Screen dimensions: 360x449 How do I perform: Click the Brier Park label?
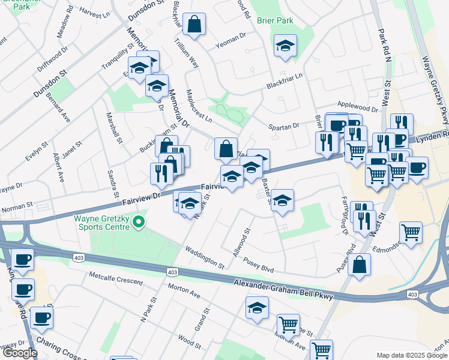coord(275,20)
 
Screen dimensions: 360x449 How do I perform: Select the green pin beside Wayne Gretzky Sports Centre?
coord(139,223)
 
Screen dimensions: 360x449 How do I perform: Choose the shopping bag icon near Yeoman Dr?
coord(194,25)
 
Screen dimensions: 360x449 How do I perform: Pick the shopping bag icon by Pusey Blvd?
coord(359,265)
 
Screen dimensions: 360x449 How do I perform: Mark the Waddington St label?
coord(204,257)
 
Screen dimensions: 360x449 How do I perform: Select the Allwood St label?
coord(241,243)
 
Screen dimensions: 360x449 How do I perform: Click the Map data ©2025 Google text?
coord(412,355)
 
